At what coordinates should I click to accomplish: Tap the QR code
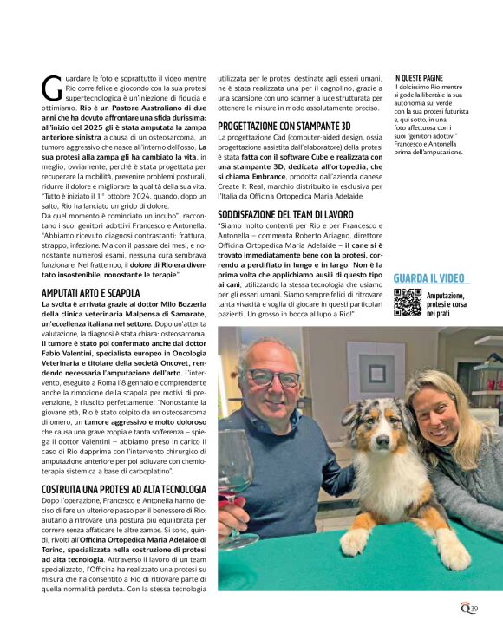pos(407,303)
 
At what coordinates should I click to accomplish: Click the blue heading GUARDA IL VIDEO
pos(431,278)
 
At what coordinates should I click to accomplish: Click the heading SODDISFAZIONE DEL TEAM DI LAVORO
pos(285,213)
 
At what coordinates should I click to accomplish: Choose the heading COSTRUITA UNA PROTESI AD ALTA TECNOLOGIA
pos(123,489)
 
